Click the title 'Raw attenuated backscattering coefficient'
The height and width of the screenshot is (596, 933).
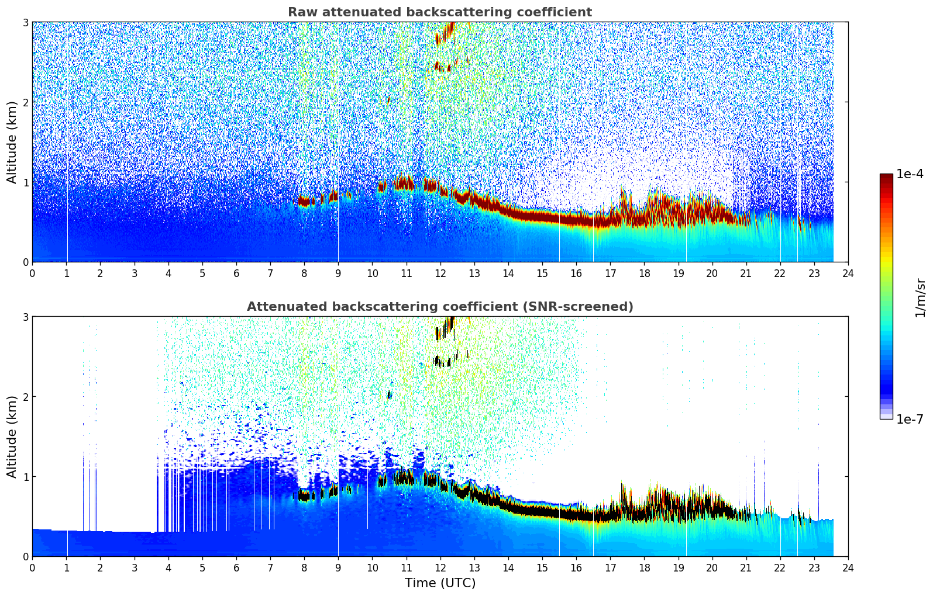click(x=439, y=12)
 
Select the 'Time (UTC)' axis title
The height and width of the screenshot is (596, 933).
click(x=440, y=583)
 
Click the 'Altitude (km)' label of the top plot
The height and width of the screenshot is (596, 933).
click(x=12, y=142)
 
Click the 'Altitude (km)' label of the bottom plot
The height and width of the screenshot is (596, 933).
click(x=12, y=436)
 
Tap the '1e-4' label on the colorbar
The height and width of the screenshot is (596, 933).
click(x=910, y=174)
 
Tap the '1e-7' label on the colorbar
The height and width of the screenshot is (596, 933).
click(x=910, y=419)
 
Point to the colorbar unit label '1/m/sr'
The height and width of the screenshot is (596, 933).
click(x=920, y=297)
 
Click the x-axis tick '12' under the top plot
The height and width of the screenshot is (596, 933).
click(x=440, y=273)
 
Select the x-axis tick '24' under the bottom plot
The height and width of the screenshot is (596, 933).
click(x=848, y=567)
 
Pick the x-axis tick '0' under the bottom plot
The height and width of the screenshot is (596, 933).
click(x=32, y=567)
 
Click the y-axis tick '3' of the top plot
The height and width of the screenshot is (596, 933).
click(x=25, y=22)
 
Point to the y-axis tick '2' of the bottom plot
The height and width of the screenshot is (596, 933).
click(x=25, y=397)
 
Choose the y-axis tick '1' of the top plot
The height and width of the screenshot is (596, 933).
click(x=25, y=182)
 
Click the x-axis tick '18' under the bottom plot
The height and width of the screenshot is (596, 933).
click(x=644, y=567)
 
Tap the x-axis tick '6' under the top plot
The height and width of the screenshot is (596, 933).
click(x=236, y=273)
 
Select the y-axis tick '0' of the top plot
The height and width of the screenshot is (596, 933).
click(x=25, y=262)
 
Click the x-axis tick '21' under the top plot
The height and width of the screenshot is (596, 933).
click(x=746, y=273)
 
